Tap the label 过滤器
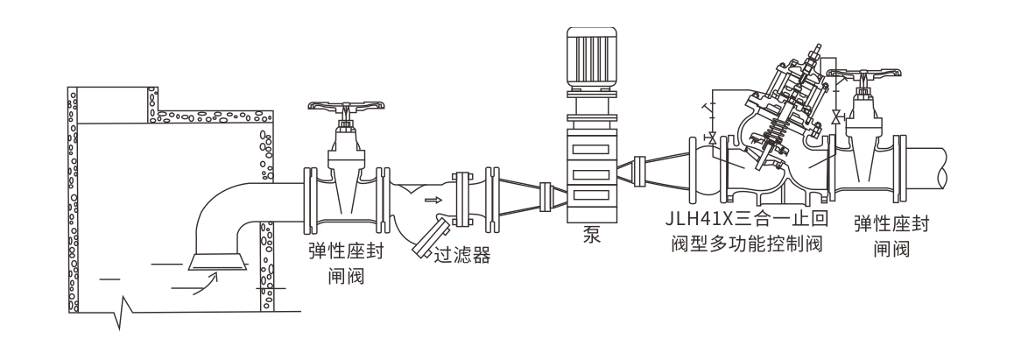(x=461, y=256)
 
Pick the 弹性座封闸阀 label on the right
(x=891, y=236)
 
